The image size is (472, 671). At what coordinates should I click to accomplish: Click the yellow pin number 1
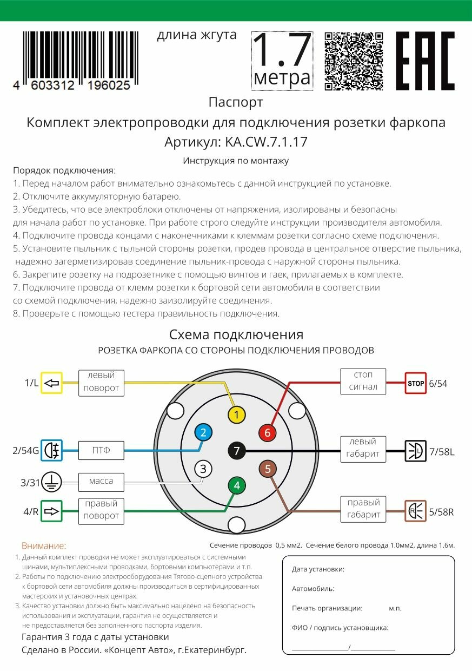(x=237, y=416)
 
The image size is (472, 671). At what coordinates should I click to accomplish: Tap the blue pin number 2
(x=203, y=432)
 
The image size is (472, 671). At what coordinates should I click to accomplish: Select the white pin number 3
(x=203, y=469)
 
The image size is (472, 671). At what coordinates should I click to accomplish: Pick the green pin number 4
(x=237, y=485)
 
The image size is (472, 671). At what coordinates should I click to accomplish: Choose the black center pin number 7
(x=237, y=450)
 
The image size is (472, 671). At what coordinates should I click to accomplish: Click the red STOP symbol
(x=415, y=383)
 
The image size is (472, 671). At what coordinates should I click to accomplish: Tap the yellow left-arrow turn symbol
(x=52, y=383)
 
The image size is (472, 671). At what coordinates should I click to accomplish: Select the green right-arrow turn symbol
(x=52, y=511)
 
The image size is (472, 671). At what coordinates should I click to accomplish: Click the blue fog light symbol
(x=52, y=450)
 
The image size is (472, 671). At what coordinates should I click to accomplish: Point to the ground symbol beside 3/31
(x=52, y=481)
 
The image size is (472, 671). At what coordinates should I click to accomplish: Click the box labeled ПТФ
(x=101, y=450)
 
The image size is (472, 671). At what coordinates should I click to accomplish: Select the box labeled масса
(x=101, y=481)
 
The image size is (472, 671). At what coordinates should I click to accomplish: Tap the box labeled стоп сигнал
(x=363, y=381)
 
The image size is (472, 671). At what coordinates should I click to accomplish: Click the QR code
(x=354, y=61)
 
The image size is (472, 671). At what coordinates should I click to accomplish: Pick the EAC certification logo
(x=426, y=61)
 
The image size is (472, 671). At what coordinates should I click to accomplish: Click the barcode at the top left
(x=80, y=60)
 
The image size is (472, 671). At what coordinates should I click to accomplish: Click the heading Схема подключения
(x=236, y=334)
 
